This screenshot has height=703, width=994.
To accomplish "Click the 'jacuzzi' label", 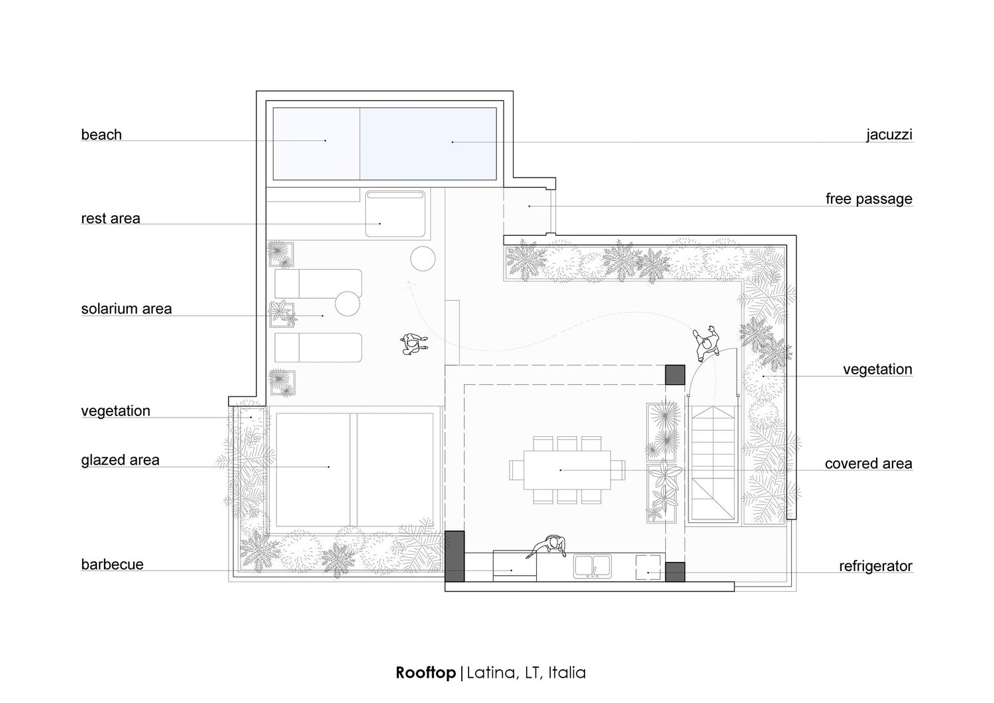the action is coord(889,135).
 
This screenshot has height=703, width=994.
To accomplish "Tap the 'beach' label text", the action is coord(101,135).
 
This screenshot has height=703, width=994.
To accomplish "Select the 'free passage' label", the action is coord(869,199).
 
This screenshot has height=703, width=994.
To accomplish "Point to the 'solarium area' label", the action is coord(127,309).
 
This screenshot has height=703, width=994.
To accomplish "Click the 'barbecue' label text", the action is coord(112,564).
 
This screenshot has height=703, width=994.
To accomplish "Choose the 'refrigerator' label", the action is coord(875,566).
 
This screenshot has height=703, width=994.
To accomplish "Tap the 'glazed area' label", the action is coord(120,460).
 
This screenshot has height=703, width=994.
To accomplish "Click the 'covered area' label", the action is coord(868,463).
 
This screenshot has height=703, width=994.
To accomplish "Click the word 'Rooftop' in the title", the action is coord(425,673).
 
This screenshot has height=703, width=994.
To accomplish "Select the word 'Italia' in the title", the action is coord(567,673).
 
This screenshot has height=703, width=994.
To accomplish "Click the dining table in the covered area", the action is coord(567,470).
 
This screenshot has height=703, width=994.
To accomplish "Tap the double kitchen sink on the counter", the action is coord(592,567).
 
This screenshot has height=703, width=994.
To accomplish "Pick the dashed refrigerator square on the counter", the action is coord(648,567).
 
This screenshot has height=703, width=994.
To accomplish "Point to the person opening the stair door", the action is coord(706,343).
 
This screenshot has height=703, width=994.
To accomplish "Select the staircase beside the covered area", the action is coord(712,464).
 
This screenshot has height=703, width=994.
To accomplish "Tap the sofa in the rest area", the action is coord(395,214).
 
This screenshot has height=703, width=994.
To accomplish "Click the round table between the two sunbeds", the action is coord(347,303).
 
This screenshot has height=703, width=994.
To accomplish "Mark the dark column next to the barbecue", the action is coord(455,556).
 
